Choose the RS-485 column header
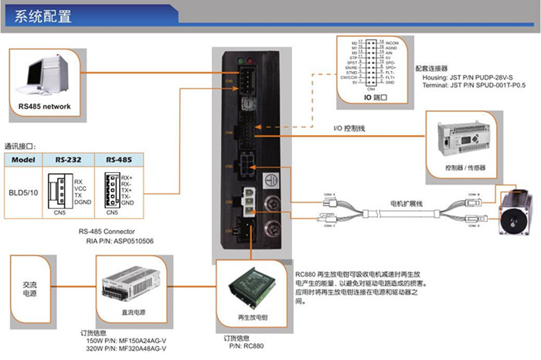coord(118,160)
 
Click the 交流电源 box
coord(29,288)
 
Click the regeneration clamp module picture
coord(250,290)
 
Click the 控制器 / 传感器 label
coord(463,166)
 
